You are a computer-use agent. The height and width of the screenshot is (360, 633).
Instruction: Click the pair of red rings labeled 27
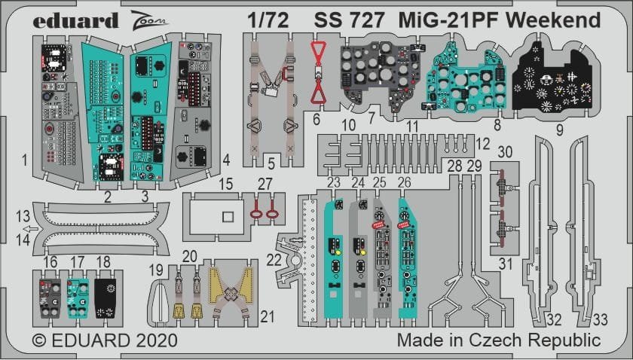coord(261,209)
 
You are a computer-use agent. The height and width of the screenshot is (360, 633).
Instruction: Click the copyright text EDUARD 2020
coord(95,340)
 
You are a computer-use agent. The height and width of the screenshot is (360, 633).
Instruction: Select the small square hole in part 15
coord(225,216)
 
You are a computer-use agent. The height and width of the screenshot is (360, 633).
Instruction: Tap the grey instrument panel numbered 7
coord(372,80)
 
